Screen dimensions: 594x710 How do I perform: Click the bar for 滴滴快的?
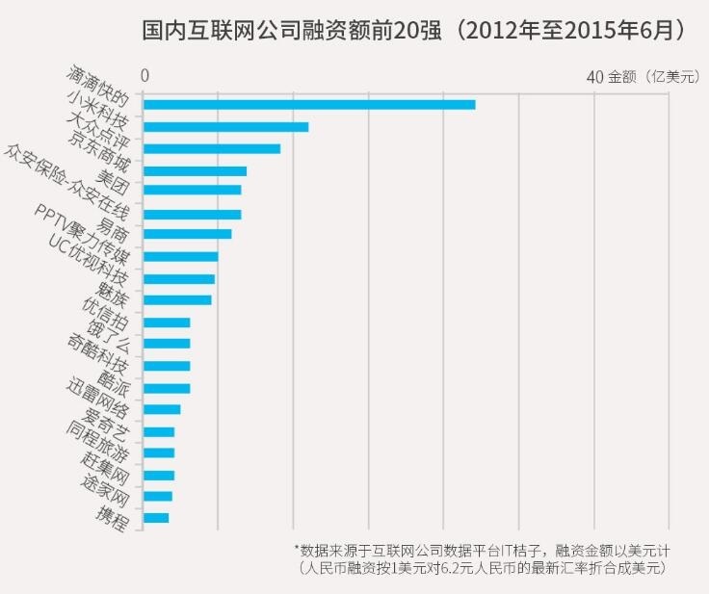point(308,104)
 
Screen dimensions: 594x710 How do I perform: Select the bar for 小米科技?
point(225,126)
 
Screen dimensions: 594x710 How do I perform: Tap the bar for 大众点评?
point(211,148)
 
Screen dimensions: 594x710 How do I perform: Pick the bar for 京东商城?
point(195,170)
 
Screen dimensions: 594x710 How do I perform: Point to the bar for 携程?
point(155,518)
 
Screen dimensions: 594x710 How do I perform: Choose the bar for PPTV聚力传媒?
point(180,256)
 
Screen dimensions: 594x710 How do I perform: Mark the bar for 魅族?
point(176,300)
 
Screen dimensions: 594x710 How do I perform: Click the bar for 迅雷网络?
point(161,409)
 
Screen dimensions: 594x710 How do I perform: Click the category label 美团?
point(115,181)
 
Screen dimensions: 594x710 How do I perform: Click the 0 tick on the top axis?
point(145,76)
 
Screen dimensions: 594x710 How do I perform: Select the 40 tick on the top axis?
point(594,76)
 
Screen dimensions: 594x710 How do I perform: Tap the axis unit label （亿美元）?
point(671,76)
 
